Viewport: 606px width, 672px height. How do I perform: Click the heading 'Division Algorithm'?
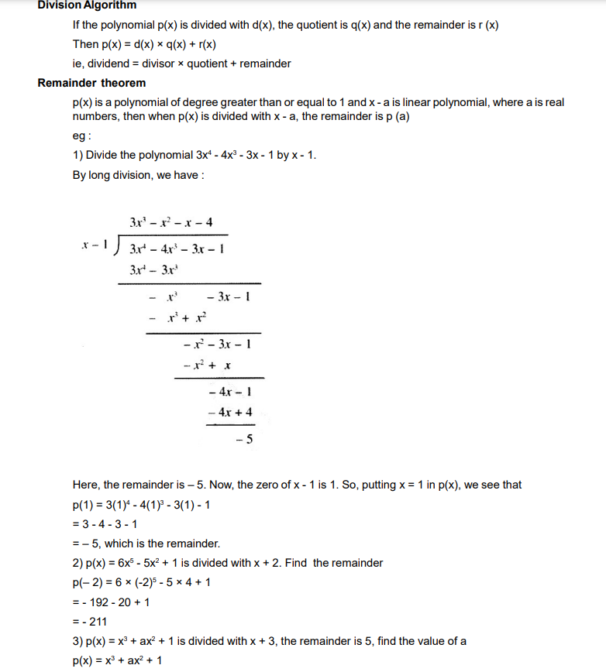pos(87,5)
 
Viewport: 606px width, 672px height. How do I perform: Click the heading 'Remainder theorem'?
pos(91,83)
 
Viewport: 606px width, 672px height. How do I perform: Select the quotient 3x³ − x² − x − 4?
pos(172,223)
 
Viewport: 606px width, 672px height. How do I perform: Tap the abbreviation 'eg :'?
pos(82,135)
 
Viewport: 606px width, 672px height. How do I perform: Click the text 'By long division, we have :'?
pos(138,175)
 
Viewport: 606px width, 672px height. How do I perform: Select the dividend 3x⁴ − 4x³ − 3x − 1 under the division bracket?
pos(177,249)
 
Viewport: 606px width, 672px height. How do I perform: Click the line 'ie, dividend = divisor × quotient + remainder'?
pos(181,63)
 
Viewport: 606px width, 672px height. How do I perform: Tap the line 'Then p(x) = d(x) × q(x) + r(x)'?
pos(144,44)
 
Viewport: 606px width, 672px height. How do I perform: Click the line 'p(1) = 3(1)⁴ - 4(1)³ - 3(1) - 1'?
pos(141,505)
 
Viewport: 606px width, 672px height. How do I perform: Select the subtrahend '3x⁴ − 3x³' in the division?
pos(155,271)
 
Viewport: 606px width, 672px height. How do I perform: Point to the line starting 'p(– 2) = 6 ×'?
pos(141,582)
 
